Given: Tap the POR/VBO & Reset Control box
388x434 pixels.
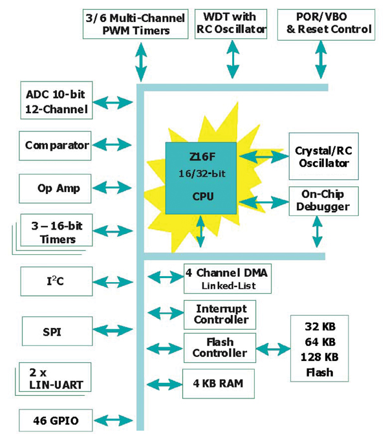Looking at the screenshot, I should pos(325,23).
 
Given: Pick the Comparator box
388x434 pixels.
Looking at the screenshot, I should pos(56,145).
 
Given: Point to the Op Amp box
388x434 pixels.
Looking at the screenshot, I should pos(56,188).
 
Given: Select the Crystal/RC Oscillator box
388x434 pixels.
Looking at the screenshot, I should pos(321,157).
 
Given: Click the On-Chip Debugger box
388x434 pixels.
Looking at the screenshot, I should pos(321,201).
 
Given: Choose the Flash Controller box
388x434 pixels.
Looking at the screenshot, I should pos(220,348).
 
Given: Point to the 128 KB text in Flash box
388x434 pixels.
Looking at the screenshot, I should pos(319,356).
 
